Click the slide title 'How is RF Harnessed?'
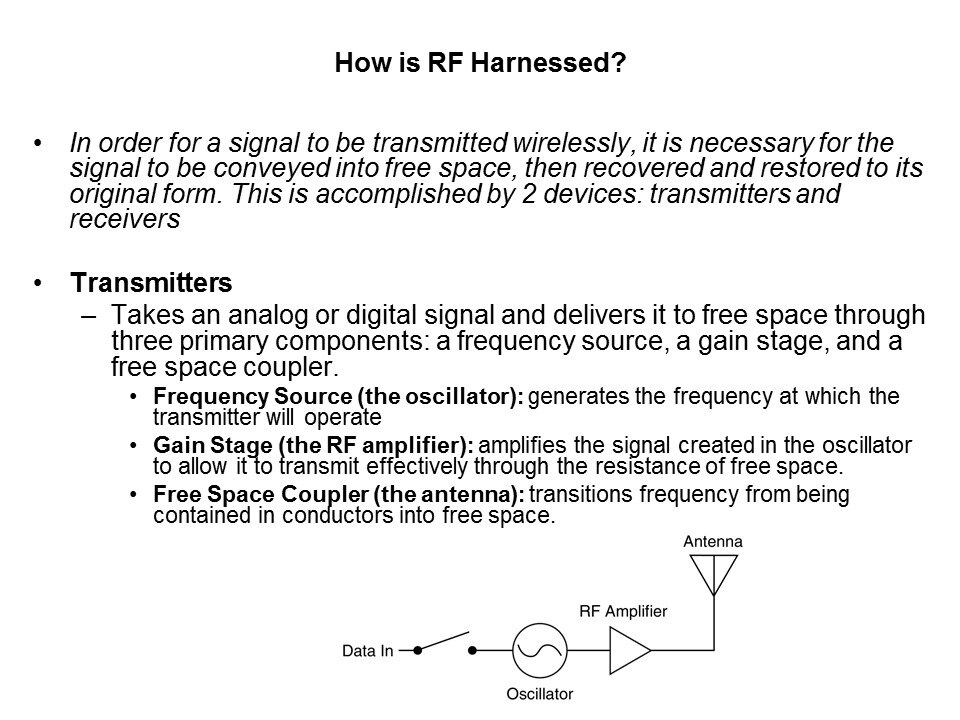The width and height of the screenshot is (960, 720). point(480,62)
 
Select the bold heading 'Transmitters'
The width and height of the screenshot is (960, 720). point(151,282)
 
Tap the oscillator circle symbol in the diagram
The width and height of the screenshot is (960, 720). point(539,650)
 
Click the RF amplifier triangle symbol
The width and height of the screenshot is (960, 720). point(630,650)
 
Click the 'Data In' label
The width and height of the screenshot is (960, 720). point(367,651)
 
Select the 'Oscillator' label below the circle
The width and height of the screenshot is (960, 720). point(539,694)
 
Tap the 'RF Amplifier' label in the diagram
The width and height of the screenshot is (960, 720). point(623,611)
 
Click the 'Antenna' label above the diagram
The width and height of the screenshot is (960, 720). point(713,541)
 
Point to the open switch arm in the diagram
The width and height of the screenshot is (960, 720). point(443,641)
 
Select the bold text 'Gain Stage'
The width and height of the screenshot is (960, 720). point(212,444)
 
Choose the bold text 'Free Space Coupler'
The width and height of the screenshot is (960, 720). point(261,493)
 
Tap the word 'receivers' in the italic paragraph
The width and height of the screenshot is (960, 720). point(125,219)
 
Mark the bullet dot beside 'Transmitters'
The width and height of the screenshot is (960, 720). point(39,283)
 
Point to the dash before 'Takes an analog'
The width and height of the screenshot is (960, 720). point(89,316)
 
